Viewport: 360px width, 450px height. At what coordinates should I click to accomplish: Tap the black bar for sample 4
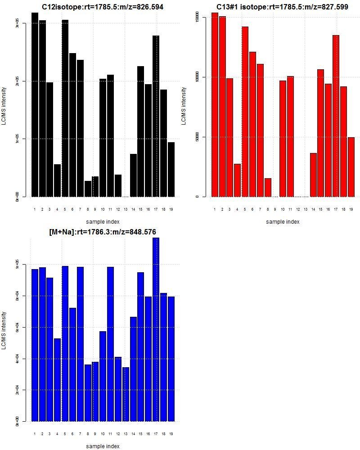tap(57, 180)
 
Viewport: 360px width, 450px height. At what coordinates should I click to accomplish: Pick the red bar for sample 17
tap(336, 116)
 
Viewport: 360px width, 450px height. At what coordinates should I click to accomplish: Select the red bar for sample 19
tap(351, 167)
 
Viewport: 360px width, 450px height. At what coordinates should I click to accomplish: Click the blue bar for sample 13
tap(126, 394)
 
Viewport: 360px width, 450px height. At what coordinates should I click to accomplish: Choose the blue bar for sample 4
tap(57, 380)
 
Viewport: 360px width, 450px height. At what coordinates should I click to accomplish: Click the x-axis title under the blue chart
tap(103, 446)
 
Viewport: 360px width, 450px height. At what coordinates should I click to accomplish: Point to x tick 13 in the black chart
tap(126, 209)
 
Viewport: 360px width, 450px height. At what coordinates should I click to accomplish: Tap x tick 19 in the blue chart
tap(171, 434)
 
